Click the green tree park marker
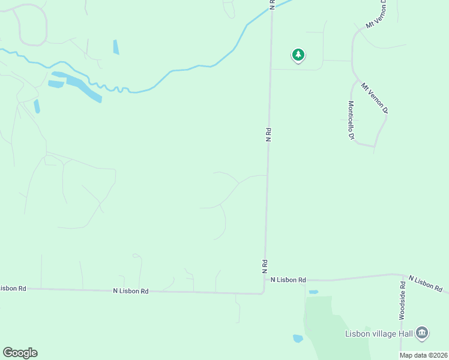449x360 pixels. point(298,55)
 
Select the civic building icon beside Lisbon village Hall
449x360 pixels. point(422,333)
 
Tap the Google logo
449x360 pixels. point(20,353)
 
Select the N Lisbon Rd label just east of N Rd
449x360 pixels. point(288,280)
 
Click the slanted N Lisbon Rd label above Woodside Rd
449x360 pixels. point(425,284)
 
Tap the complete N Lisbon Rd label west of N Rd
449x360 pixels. point(130,291)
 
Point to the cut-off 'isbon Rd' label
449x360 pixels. point(13,288)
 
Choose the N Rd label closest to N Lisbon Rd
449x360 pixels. point(264,266)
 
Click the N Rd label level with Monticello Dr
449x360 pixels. point(268,134)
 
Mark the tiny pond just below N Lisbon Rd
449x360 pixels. point(313,292)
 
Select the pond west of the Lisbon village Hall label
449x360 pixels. point(298,338)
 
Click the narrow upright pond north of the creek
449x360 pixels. point(116,47)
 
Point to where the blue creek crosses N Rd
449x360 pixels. point(271,13)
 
